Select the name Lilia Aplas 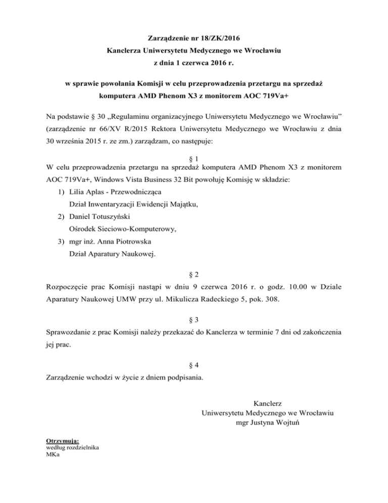(x=87, y=192)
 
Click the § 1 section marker (x=194, y=158)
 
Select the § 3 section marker (x=194, y=320)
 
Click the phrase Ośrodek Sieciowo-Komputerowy (x=123, y=229)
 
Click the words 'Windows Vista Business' (x=144, y=180)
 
